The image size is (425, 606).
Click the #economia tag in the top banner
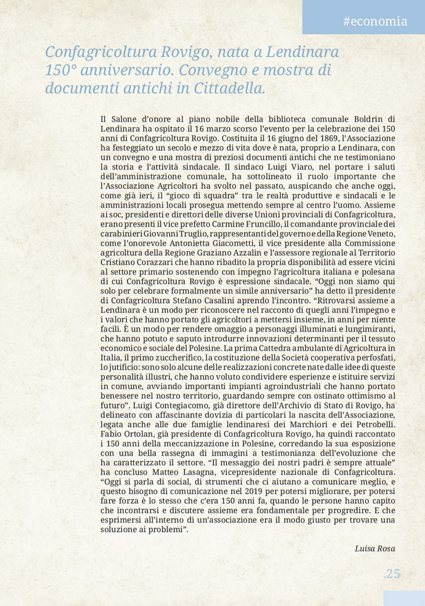[375, 21]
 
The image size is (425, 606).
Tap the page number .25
[392, 573]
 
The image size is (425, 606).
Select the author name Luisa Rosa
[375, 548]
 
